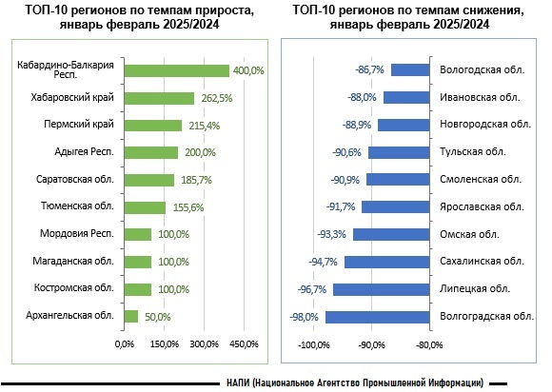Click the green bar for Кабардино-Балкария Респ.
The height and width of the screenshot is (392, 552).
(x=177, y=70)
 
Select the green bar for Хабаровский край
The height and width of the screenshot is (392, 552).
(x=159, y=98)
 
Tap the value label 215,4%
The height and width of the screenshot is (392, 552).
(x=205, y=126)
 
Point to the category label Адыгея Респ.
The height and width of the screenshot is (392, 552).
(x=84, y=151)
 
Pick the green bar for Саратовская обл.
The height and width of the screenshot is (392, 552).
(x=148, y=180)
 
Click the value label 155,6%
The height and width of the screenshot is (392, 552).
(x=188, y=207)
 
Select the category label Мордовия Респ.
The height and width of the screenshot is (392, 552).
(x=77, y=233)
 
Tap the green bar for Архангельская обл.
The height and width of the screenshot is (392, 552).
(x=131, y=316)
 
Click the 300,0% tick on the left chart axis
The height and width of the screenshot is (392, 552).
(x=205, y=343)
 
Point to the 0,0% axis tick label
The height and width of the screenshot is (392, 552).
(x=125, y=343)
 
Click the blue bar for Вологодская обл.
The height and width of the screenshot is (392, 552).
(x=410, y=69)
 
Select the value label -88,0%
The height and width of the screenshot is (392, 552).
(x=362, y=97)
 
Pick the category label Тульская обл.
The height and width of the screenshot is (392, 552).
(x=473, y=151)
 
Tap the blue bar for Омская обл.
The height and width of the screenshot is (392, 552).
(x=391, y=235)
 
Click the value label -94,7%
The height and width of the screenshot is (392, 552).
(x=323, y=262)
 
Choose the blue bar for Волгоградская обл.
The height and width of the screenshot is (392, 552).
(x=378, y=317)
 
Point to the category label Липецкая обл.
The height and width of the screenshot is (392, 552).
(x=475, y=288)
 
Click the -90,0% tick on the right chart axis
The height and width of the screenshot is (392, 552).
(x=372, y=344)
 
